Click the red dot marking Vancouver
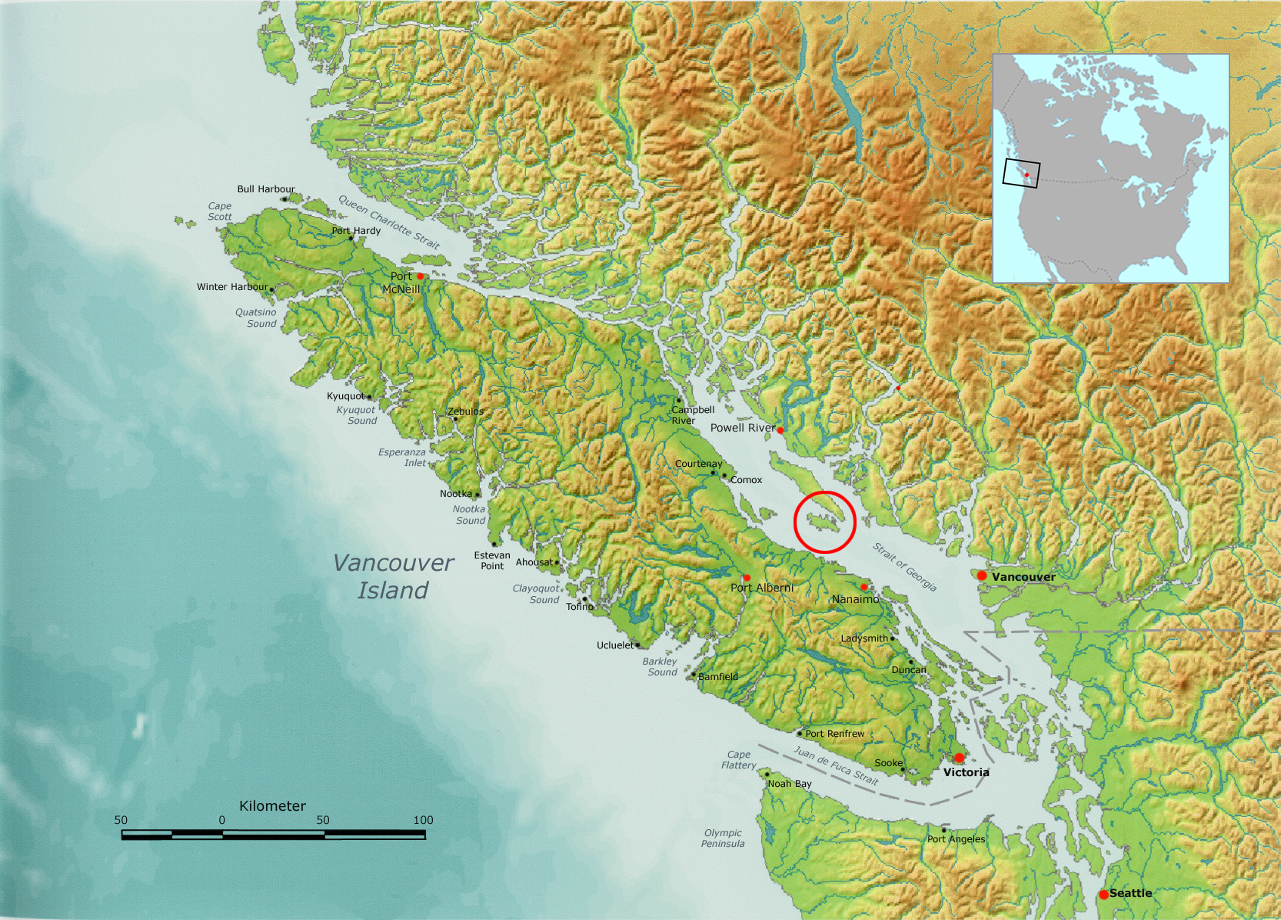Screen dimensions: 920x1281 (x=982, y=575)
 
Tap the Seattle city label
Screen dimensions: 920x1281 (x=1130, y=893)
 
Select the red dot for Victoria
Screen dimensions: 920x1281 (x=959, y=758)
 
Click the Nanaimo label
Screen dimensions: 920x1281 (x=855, y=599)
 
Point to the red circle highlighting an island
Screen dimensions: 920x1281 (x=824, y=522)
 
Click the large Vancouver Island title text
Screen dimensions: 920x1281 (x=393, y=576)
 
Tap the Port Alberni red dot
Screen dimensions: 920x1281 (x=747, y=578)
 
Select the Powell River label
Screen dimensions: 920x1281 (x=742, y=428)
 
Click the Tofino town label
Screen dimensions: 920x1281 (x=580, y=607)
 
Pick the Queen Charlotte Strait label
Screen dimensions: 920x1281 (x=389, y=222)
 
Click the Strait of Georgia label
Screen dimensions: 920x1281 (x=904, y=567)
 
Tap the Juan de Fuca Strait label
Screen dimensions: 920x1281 (x=836, y=765)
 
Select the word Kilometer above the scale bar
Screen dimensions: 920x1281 (x=272, y=806)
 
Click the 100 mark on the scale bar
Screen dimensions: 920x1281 (x=424, y=820)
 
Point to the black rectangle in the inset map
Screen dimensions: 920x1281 (x=1021, y=174)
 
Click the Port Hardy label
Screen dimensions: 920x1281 (x=356, y=231)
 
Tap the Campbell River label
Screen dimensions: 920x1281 (x=692, y=415)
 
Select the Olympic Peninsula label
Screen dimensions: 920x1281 (x=723, y=838)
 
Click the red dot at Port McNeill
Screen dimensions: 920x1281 (x=421, y=275)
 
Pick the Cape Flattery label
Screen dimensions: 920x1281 (x=738, y=760)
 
